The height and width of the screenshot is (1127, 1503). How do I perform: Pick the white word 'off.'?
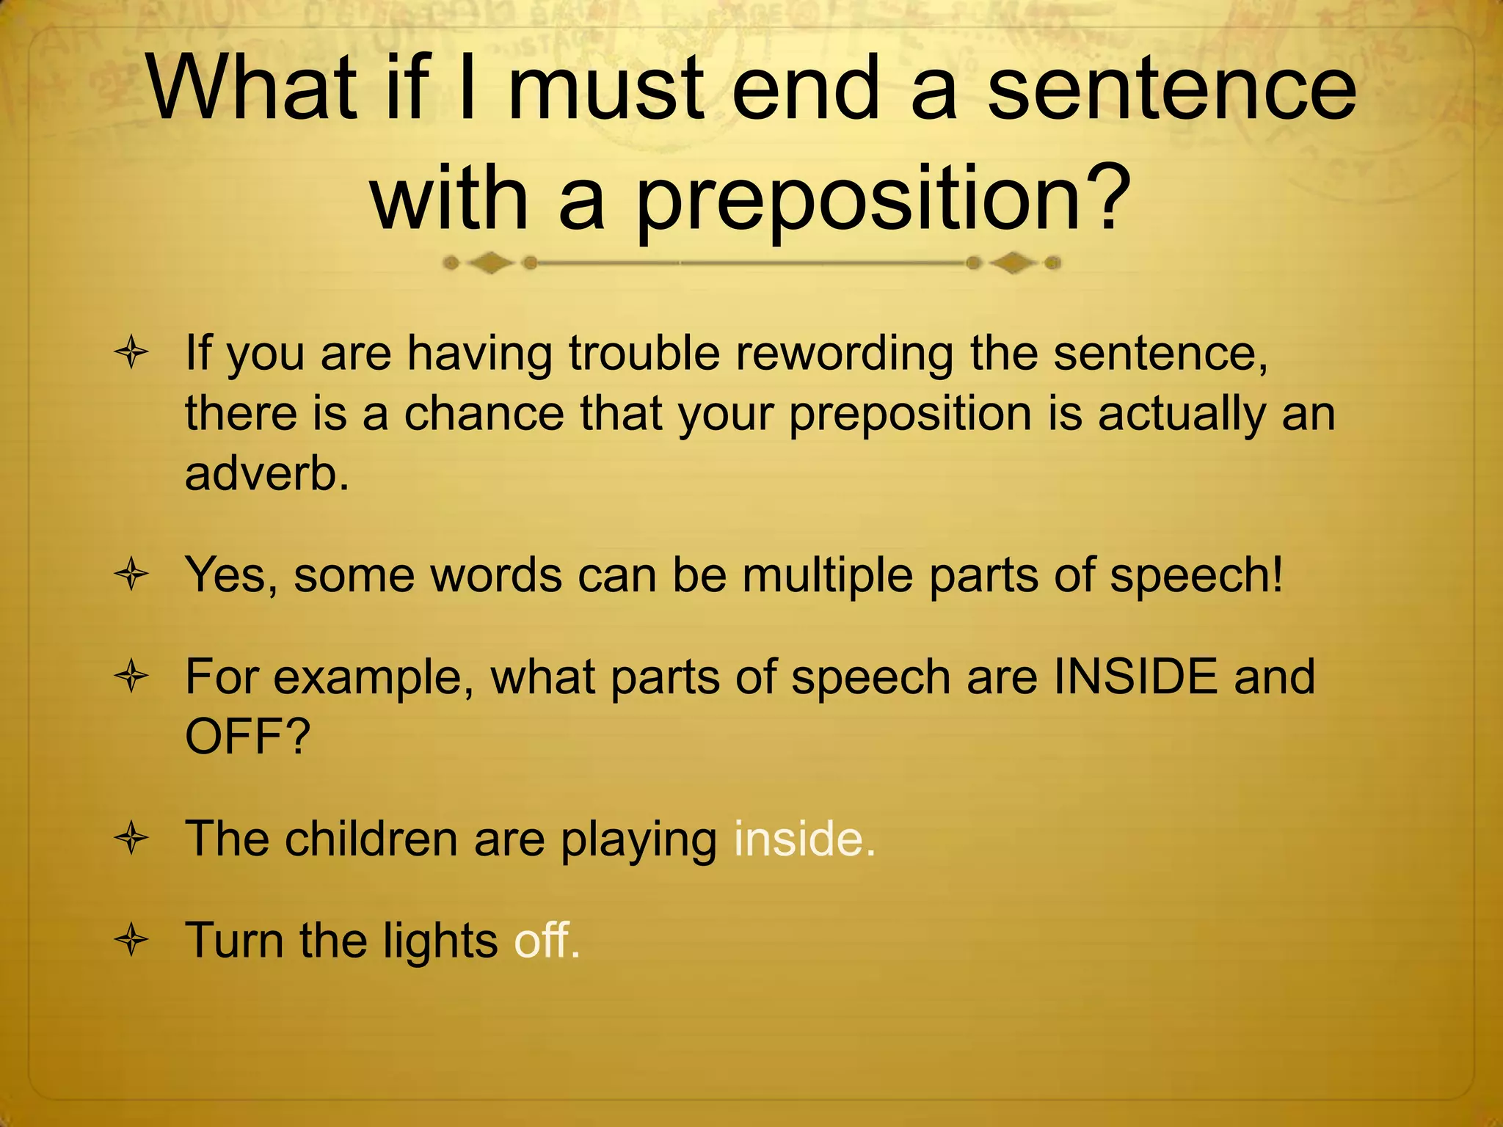(x=547, y=940)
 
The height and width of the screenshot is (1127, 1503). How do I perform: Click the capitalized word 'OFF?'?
(x=248, y=736)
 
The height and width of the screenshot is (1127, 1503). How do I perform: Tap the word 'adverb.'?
(x=266, y=473)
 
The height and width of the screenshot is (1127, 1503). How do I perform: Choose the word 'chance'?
(x=484, y=413)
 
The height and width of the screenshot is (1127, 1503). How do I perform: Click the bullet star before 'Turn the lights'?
(x=132, y=940)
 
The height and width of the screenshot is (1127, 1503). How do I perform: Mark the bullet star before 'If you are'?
(x=132, y=354)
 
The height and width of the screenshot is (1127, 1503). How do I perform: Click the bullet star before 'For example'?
(x=132, y=677)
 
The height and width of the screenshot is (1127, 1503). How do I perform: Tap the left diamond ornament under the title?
(x=490, y=263)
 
